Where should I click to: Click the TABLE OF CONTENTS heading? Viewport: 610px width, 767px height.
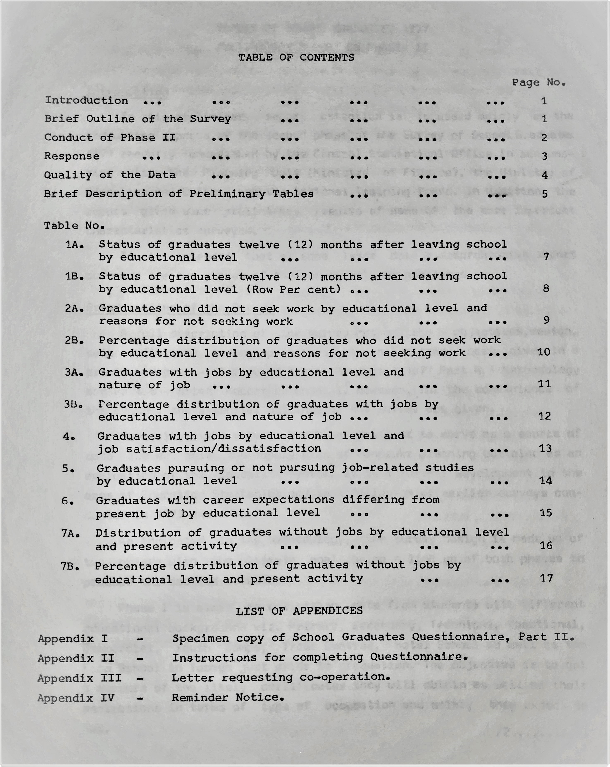[296, 57]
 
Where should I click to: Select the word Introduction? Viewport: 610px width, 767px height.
[86, 100]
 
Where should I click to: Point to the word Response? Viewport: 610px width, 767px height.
[72, 156]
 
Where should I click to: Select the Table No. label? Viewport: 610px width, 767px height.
[74, 226]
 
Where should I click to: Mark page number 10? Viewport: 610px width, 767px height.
[544, 352]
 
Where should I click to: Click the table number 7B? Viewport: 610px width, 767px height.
[70, 566]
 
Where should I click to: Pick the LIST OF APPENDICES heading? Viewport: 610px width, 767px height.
[299, 611]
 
